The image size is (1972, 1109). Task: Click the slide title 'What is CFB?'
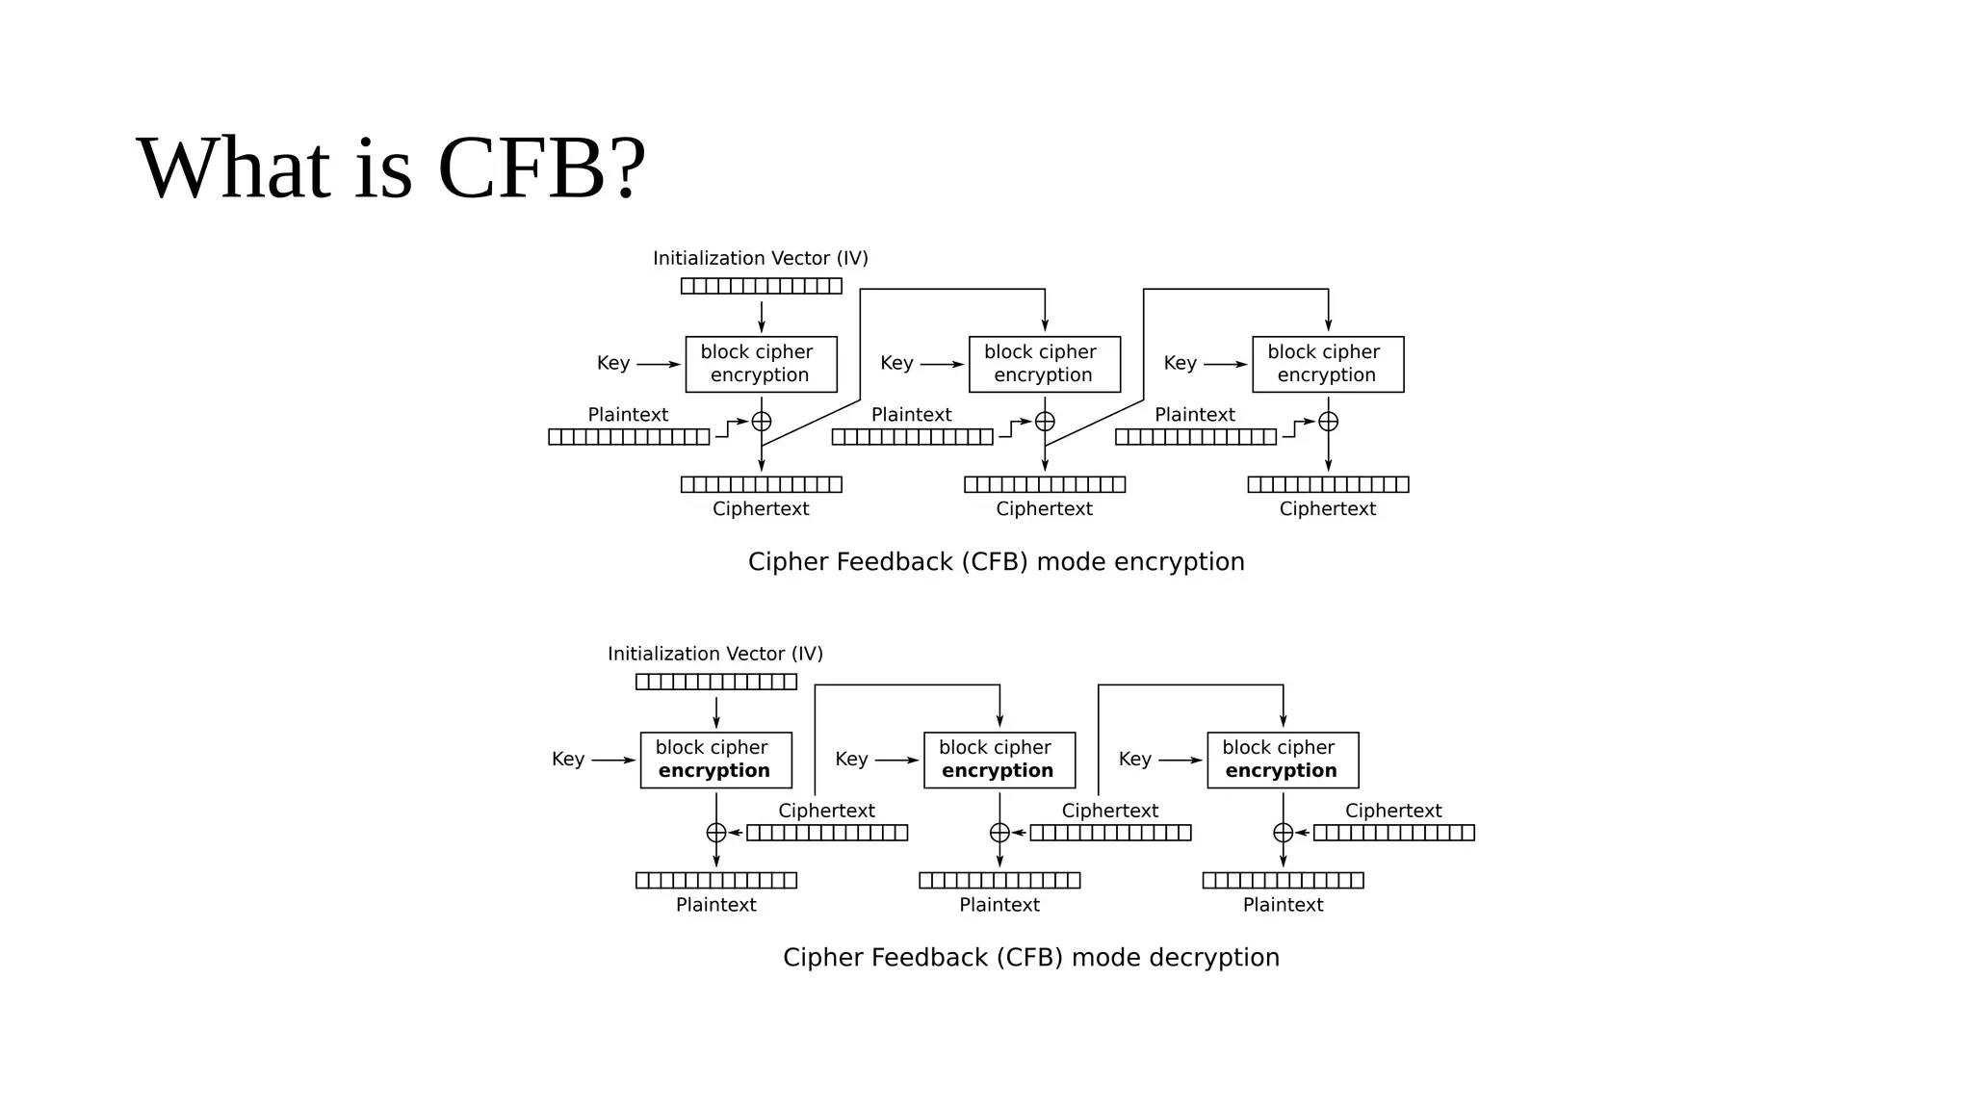[x=391, y=168]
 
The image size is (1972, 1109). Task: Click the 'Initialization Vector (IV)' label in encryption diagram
[x=761, y=258]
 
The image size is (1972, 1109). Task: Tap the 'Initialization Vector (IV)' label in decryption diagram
[x=715, y=654]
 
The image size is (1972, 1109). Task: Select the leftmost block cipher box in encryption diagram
[x=761, y=364]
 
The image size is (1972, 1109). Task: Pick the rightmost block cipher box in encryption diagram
[x=1328, y=364]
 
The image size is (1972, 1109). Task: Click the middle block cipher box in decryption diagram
[x=999, y=760]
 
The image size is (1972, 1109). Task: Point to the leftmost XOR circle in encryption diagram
[x=762, y=422]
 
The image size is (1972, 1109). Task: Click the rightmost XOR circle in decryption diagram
[x=1283, y=833]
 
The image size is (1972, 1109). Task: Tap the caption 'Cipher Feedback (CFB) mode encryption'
[x=996, y=562]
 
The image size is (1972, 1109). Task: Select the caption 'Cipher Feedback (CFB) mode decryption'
[x=1030, y=958]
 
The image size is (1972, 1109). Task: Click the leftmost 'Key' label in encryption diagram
[x=613, y=363]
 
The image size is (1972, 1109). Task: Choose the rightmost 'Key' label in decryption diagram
[x=1135, y=759]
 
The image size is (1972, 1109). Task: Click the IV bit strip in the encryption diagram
[x=761, y=286]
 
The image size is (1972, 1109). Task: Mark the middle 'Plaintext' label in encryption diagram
[x=911, y=415]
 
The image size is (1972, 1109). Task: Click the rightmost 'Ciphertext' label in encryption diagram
[x=1327, y=509]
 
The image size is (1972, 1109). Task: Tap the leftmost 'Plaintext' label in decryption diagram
[x=715, y=905]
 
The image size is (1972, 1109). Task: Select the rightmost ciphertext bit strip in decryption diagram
[x=1393, y=833]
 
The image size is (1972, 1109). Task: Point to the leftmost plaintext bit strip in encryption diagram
[x=629, y=437]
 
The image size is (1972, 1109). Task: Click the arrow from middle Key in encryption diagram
[x=941, y=365]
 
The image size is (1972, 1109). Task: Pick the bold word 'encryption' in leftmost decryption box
[x=714, y=771]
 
